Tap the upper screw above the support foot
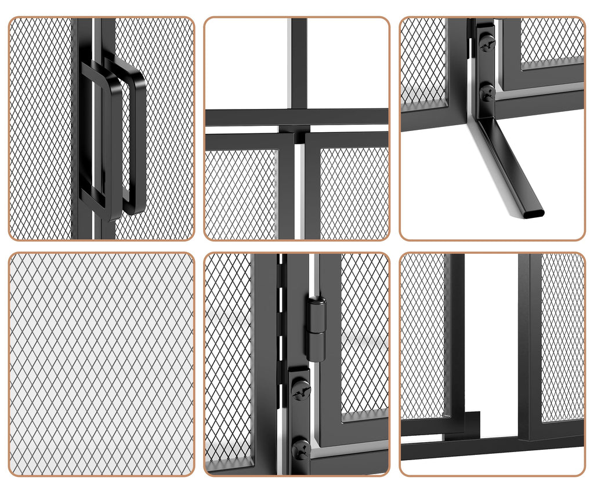click(x=487, y=42)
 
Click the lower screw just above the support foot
click(x=487, y=92)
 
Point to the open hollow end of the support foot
click(x=533, y=213)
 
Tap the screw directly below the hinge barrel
click(x=300, y=390)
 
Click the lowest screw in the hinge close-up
click(x=300, y=448)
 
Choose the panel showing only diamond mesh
click(x=102, y=364)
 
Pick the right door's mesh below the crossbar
click(x=354, y=191)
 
